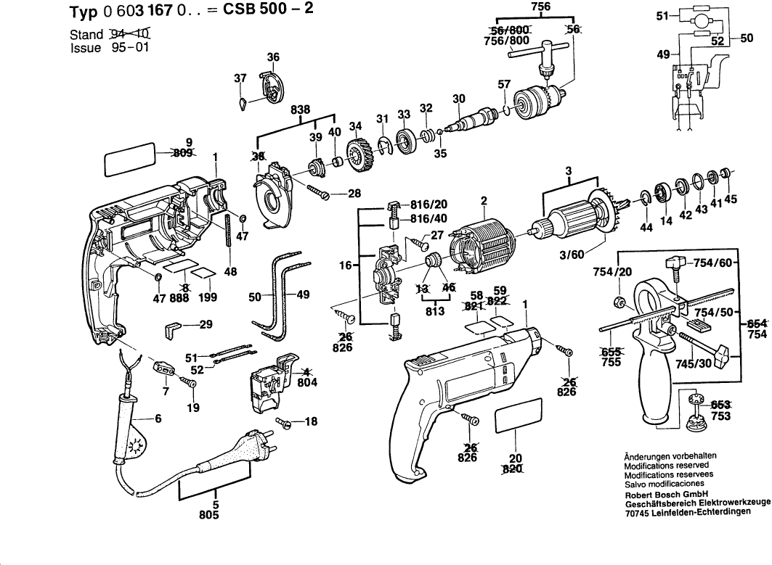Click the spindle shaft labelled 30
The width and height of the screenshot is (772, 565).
pos(468,119)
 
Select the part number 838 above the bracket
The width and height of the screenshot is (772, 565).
pos(301,110)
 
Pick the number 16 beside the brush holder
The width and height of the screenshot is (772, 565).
pos(346,266)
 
